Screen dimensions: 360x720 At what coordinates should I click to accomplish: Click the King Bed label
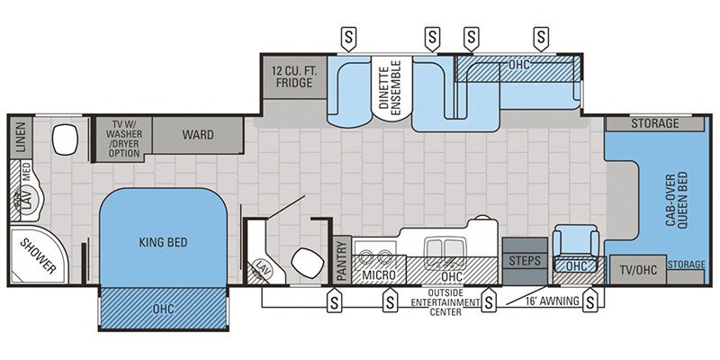pos(162,241)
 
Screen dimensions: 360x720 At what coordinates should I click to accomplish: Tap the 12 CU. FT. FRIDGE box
pos(292,76)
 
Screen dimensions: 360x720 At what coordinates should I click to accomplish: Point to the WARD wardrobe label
pos(197,135)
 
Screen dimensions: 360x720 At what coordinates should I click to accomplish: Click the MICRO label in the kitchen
pos(379,273)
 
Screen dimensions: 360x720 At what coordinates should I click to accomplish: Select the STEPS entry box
pos(524,260)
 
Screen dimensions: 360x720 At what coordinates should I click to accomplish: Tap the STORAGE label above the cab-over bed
pos(654,123)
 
